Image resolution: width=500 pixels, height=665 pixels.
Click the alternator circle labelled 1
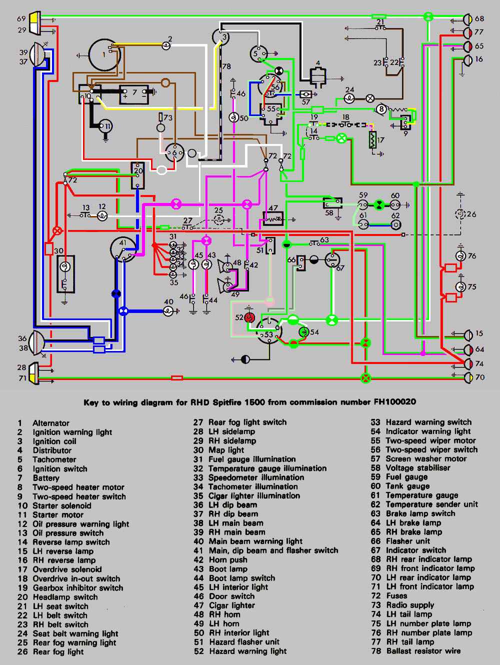point(104,53)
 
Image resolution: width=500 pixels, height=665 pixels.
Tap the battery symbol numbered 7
point(133,93)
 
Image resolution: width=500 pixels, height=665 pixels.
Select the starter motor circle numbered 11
point(105,125)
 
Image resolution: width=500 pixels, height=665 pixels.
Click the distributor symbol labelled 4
point(318,76)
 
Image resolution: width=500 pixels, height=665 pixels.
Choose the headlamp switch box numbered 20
point(137,175)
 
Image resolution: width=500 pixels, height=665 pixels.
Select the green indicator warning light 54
point(302,331)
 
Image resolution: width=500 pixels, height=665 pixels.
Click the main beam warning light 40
point(168,311)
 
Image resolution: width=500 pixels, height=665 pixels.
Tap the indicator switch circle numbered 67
point(332,259)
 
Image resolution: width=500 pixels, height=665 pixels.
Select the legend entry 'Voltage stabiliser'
point(417,468)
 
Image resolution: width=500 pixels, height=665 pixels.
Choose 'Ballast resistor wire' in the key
point(423,651)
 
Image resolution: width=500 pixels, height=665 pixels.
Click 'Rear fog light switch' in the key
point(247,422)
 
